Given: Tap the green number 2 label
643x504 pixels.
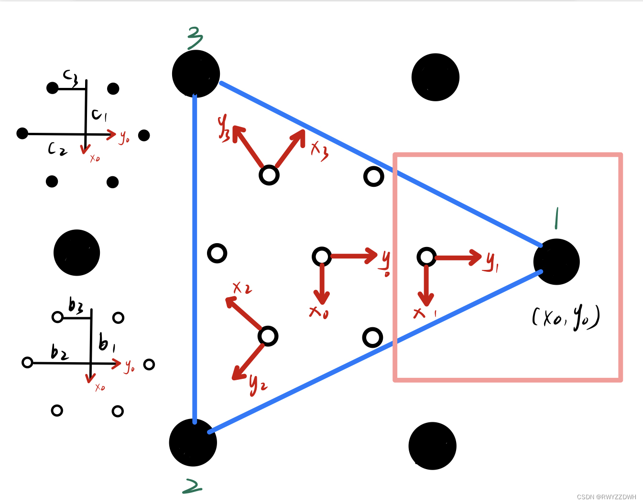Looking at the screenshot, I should [192, 486].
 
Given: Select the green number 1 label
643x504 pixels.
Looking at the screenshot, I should [556, 218].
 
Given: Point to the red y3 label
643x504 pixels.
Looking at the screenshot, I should [224, 128].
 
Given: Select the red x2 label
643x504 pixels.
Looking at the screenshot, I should [242, 288].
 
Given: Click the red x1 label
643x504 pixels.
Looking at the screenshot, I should [424, 313].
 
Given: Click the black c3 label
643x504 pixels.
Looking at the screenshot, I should [71, 77].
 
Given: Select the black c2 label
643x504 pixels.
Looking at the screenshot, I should [57, 149].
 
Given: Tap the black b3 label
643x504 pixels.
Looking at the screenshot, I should [76, 305].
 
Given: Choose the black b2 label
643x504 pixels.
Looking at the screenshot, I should [59, 353].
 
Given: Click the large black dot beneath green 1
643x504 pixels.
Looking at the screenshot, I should [556, 262].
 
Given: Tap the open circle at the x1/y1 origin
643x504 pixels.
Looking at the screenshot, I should [426, 257].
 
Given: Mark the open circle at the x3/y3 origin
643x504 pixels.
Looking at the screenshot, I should [269, 175].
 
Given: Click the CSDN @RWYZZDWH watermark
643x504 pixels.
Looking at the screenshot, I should [606, 497].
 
